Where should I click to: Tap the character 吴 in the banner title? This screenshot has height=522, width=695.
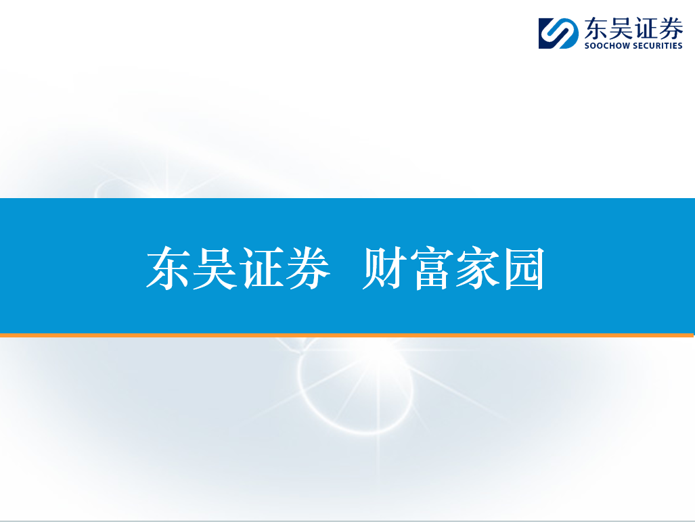[x=215, y=268]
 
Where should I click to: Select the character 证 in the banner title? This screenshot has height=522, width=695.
[x=261, y=268]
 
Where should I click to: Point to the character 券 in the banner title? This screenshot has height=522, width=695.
[x=308, y=268]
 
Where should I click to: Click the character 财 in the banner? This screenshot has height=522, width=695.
[x=384, y=268]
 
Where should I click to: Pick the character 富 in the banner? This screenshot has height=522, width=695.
[x=431, y=268]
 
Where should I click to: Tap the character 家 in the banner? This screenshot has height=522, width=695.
[x=477, y=268]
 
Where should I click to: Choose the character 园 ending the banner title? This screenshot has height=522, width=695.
[x=524, y=268]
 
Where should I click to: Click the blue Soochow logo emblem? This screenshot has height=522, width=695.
[x=558, y=33]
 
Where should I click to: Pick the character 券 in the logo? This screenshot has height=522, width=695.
[x=671, y=29]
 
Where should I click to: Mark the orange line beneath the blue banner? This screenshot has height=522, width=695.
[x=346, y=335]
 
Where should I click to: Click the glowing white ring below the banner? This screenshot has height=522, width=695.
[x=300, y=385]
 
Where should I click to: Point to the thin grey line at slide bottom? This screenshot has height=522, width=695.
[x=348, y=521]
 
